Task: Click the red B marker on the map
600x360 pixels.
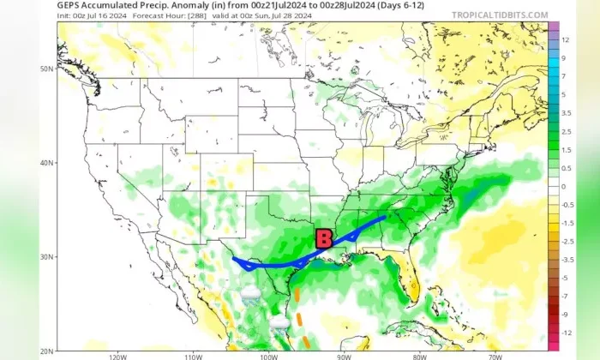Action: coord(324,238)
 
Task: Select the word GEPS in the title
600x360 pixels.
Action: coord(71,5)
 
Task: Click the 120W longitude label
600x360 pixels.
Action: coord(117,356)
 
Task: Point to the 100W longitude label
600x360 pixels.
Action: coord(268,356)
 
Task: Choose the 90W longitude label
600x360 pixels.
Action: coord(344,356)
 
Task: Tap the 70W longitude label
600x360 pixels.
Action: coord(495,356)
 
